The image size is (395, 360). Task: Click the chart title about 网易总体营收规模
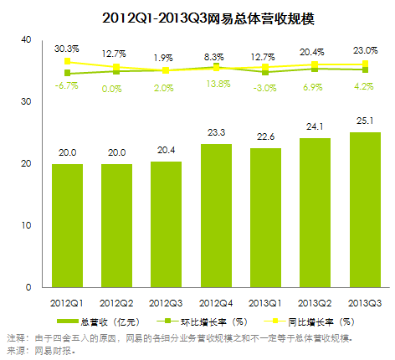coord(197,16)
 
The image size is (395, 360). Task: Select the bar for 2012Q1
coord(68,225)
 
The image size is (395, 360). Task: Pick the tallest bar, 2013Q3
coord(363,209)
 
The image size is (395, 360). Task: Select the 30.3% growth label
coord(66,49)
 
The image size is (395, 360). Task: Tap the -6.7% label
coord(66,86)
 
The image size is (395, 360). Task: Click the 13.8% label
coord(216,85)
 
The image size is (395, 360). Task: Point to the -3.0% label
coord(264,87)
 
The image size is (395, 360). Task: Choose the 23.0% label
coord(363,49)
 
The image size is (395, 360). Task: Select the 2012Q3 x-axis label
coord(167,300)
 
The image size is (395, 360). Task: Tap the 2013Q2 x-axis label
coord(314,300)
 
